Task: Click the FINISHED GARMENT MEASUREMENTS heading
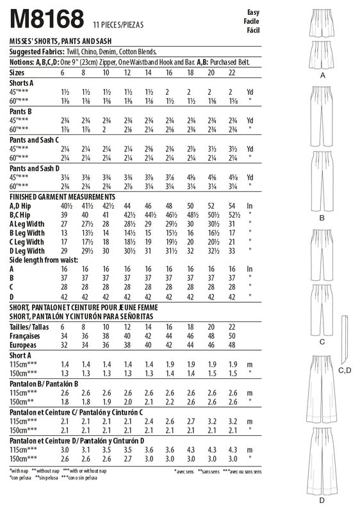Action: point(62,196)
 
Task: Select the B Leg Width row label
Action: point(28,233)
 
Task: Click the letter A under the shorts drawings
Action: point(322,75)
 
